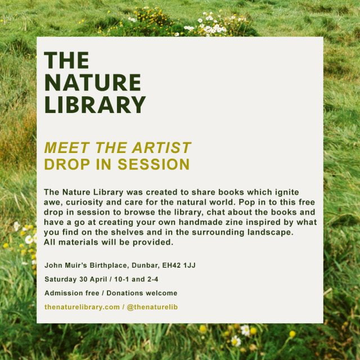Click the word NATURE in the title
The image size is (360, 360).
pyautogui.click(x=92, y=83)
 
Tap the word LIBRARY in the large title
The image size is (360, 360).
pyautogui.click(x=95, y=105)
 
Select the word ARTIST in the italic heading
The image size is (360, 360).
pyautogui.click(x=161, y=147)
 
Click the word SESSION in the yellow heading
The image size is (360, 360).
pyautogui.click(x=154, y=164)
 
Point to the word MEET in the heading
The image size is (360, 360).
pyautogui.click(x=67, y=147)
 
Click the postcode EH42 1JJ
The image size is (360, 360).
pyautogui.click(x=179, y=265)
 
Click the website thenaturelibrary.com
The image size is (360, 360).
pyautogui.click(x=82, y=307)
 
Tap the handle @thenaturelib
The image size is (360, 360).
pyautogui.click(x=152, y=307)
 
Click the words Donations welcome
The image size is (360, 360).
pyautogui.click(x=142, y=293)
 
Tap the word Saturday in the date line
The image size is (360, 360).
pyautogui.click(x=60, y=279)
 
